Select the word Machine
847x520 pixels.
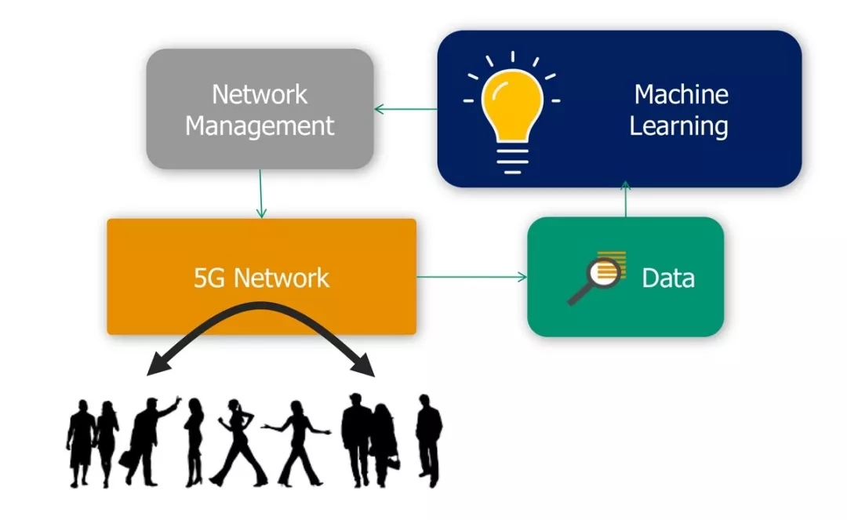pos(681,95)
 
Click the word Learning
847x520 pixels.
pos(679,125)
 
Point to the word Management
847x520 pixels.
pos(260,125)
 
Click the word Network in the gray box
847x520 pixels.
pos(260,95)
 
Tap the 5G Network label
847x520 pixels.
pos(261,278)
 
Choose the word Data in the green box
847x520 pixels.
pos(668,278)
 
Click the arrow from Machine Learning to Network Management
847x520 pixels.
pos(405,109)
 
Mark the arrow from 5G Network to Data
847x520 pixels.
pos(471,277)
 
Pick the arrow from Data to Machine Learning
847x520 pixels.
pos(625,201)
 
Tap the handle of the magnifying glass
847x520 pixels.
pos(580,295)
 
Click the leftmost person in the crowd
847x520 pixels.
pos(81,443)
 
